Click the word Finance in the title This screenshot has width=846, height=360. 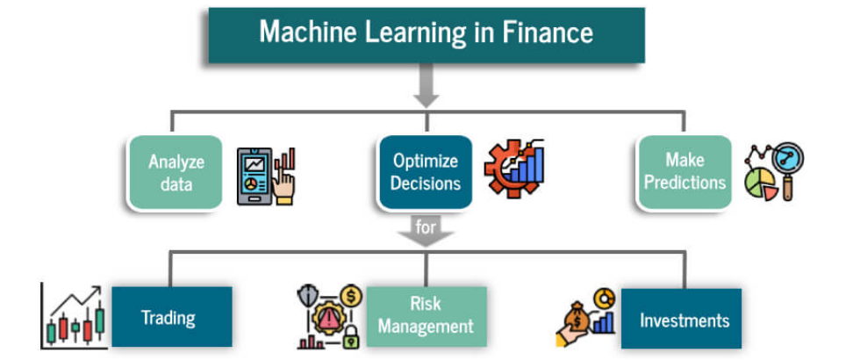548,32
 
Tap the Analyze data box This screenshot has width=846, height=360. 176,173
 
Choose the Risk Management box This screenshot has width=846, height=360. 427,317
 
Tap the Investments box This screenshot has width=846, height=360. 681,319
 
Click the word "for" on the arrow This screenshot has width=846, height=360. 425,227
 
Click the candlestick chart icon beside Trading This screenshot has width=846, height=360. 72,316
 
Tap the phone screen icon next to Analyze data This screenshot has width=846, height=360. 255,176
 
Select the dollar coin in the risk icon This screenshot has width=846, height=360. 351,295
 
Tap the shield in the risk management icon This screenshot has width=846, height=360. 306,294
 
